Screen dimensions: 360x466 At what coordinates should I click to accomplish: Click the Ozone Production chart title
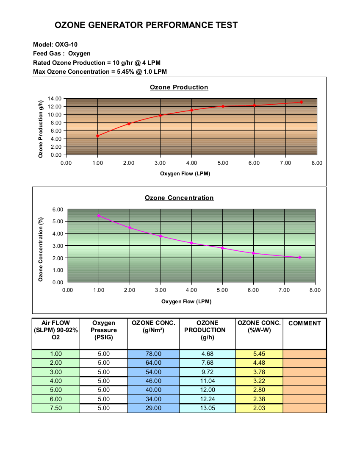[x=179, y=87]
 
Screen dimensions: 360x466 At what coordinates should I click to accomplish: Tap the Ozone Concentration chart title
[x=179, y=198]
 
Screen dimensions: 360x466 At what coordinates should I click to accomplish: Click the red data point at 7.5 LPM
[x=301, y=102]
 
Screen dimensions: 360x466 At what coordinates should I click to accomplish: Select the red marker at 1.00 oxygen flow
[x=97, y=136]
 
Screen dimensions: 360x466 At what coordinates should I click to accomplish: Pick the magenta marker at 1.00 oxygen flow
[x=99, y=216]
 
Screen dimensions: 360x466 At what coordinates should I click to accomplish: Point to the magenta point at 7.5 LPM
[x=299, y=258]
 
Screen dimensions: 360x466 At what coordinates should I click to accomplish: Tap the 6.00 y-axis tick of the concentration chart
[x=58, y=209]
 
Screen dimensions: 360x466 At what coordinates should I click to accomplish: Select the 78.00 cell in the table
[x=153, y=354]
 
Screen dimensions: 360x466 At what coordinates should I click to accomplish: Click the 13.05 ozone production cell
[x=208, y=408]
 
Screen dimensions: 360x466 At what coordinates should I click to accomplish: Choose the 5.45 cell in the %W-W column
[x=259, y=354]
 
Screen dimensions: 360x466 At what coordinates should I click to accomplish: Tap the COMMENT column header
[x=305, y=323]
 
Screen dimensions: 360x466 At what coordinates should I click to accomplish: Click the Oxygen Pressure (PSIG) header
[x=104, y=330]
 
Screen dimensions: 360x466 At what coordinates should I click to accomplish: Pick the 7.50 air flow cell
[x=56, y=408]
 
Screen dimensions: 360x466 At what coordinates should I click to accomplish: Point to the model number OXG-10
[x=66, y=44]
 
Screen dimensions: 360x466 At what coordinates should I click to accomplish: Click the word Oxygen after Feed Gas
[x=79, y=53]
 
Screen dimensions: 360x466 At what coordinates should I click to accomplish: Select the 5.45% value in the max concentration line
[x=125, y=72]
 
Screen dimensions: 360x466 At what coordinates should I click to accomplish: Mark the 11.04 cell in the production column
[x=208, y=381]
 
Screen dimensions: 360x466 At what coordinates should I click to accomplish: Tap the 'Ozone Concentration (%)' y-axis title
[x=41, y=250]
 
